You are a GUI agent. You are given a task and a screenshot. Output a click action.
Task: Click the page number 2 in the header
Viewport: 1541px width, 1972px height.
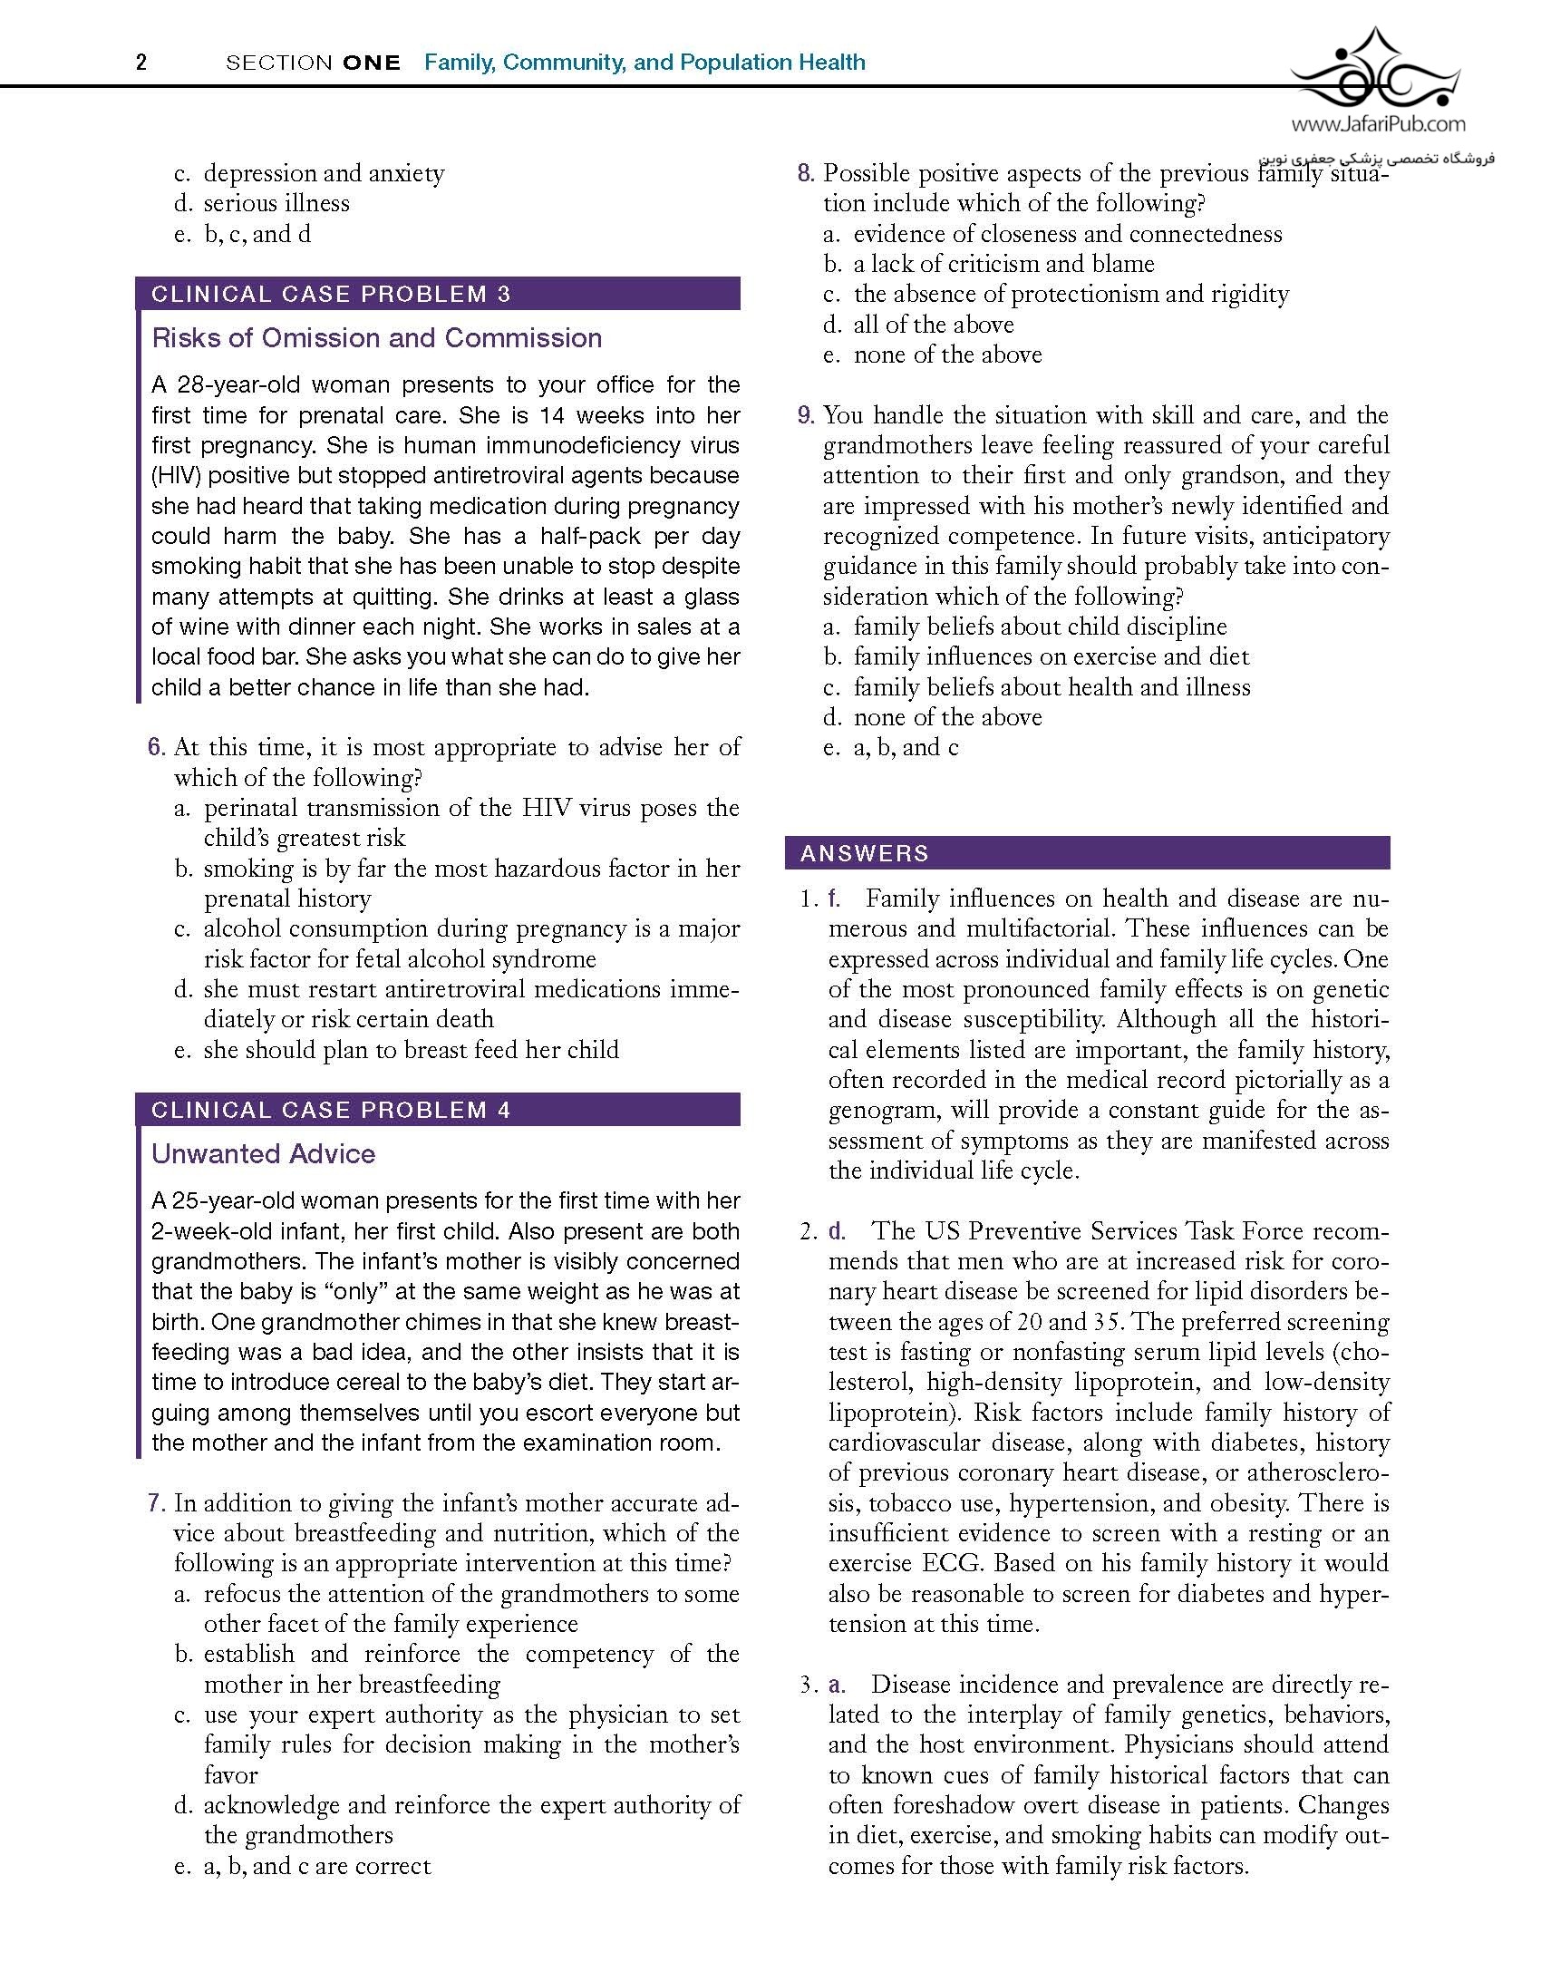141,63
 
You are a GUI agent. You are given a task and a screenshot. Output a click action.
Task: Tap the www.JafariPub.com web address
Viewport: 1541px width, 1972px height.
1378,124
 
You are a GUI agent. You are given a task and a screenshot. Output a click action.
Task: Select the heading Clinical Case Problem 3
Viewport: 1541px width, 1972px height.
331,294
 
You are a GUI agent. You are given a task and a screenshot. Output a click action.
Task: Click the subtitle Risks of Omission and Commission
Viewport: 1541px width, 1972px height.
377,338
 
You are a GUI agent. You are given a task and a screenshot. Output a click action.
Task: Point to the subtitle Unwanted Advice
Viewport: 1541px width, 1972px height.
264,1154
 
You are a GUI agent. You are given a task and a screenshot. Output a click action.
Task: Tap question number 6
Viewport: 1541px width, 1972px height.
157,747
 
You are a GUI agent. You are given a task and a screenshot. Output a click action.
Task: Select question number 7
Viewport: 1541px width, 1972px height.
157,1503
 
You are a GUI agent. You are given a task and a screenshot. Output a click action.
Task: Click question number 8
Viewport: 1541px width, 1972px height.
806,173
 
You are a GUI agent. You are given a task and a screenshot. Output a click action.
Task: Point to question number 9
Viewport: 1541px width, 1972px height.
806,415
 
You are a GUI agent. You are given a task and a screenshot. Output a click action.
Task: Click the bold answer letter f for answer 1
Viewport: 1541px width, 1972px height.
834,899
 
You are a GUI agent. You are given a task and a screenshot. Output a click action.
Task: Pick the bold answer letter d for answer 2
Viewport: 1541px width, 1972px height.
836,1231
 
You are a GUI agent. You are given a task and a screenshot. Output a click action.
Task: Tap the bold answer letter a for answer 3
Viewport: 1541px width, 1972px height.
836,1685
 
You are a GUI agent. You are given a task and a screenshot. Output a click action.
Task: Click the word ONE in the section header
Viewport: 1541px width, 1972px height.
372,63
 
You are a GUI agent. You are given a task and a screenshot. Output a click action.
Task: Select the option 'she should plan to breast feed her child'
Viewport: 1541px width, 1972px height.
411,1050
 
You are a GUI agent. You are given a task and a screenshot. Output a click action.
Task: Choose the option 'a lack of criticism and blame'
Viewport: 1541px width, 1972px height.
1003,264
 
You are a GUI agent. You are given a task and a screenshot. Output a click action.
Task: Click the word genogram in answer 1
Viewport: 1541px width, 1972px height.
884,1111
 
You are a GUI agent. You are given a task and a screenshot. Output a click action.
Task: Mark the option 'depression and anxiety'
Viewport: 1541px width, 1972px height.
324,173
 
